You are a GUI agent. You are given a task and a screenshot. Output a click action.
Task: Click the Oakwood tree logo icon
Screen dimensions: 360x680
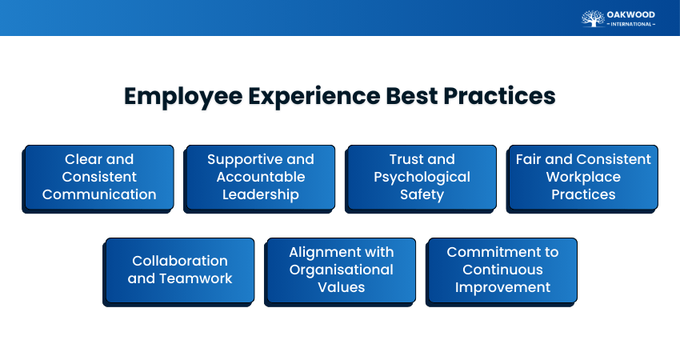[x=593, y=18]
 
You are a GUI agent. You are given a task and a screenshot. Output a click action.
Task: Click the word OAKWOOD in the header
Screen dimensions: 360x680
[x=631, y=14]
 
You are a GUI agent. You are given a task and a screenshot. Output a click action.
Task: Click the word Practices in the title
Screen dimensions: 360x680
[x=500, y=96]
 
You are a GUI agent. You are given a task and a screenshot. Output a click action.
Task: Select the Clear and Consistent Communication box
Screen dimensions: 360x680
[x=99, y=177]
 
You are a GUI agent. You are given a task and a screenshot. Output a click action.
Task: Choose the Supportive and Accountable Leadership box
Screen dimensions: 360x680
[x=261, y=177]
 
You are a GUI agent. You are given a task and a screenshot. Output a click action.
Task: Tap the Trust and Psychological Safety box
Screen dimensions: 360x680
[x=422, y=177]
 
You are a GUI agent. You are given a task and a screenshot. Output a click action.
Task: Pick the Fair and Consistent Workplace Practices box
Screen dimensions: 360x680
[x=583, y=177]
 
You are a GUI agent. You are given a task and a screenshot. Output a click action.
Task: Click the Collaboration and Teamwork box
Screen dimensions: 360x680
[x=180, y=270]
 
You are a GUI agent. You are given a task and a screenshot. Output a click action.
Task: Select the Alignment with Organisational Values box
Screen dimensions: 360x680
[x=342, y=270]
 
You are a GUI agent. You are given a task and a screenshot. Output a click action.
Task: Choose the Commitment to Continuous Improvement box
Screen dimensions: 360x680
[x=502, y=270]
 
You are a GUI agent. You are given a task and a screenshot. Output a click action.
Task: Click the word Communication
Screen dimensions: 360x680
[x=99, y=194]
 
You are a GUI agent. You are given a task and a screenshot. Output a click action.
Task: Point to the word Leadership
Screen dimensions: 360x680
[x=261, y=194]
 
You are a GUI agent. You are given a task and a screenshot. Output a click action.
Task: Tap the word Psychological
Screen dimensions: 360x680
[x=422, y=177]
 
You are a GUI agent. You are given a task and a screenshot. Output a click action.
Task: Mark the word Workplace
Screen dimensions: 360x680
[x=583, y=177]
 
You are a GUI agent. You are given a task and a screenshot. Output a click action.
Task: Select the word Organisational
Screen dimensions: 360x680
[x=342, y=270]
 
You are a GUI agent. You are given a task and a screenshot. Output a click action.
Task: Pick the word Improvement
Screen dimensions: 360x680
[x=502, y=287]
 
